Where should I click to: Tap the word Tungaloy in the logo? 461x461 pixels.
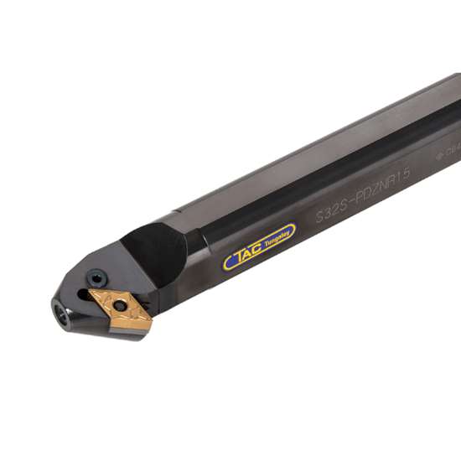pyautogui.click(x=275, y=241)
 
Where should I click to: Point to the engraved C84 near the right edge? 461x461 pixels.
pyautogui.click(x=453, y=150)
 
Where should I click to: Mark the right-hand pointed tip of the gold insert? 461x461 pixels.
pyautogui.click(x=150, y=319)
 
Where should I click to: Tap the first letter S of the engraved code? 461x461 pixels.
pyautogui.click(x=319, y=215)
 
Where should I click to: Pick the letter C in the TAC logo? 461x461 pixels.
pyautogui.click(x=253, y=249)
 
